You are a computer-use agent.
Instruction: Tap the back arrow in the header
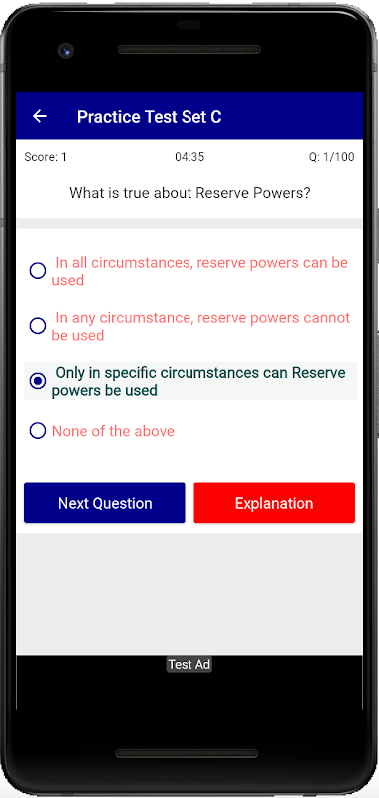click(39, 116)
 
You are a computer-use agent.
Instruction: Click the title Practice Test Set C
click(149, 117)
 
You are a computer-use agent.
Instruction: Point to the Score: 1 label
click(45, 157)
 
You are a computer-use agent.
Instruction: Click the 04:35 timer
click(189, 157)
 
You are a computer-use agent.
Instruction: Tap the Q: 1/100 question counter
click(331, 157)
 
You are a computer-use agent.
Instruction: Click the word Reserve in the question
click(221, 193)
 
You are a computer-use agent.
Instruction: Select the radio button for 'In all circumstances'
click(38, 271)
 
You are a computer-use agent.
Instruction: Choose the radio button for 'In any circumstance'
click(38, 326)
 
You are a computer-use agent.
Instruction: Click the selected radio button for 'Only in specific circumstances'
click(38, 381)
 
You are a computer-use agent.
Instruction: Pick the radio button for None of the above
click(38, 431)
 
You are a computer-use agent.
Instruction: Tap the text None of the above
click(113, 431)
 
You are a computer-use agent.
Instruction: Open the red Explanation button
click(274, 503)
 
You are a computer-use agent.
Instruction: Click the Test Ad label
click(189, 665)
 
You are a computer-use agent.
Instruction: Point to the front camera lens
click(66, 51)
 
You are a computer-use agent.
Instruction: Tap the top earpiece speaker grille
click(189, 49)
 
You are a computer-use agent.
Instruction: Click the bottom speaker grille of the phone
click(187, 753)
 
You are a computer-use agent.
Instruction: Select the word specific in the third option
click(131, 373)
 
